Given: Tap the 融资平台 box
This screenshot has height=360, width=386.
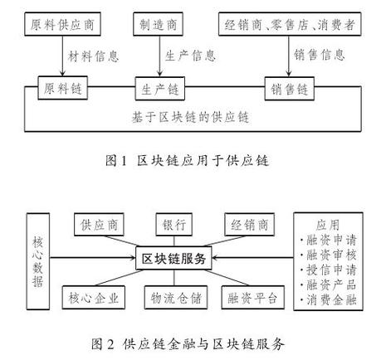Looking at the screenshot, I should point(248,296).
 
